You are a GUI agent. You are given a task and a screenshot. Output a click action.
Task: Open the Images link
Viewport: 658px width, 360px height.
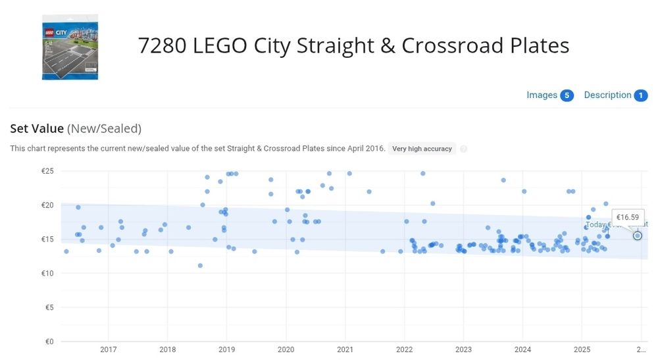tap(542, 95)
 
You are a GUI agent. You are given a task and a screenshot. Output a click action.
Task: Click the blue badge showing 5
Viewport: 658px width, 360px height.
tap(567, 95)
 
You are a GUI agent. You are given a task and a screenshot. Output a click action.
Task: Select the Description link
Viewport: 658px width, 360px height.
tap(607, 95)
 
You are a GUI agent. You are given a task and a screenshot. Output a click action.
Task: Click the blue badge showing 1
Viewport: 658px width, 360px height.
tap(641, 95)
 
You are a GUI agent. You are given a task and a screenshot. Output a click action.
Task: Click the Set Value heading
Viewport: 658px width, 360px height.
tap(37, 129)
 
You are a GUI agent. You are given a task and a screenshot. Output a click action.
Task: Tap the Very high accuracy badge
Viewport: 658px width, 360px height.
tap(422, 149)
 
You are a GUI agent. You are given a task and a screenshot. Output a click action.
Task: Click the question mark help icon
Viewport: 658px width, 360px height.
tap(464, 149)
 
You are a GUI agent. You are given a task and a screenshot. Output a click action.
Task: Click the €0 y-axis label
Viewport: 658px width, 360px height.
tap(49, 342)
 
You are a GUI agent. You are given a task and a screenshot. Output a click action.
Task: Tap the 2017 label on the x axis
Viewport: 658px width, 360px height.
tap(109, 349)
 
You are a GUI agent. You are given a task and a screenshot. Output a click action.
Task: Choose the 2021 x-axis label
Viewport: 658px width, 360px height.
tap(345, 349)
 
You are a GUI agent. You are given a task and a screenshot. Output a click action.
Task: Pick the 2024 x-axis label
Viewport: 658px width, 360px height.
tap(522, 349)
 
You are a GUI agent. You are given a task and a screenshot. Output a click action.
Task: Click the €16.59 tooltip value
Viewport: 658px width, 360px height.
tap(628, 217)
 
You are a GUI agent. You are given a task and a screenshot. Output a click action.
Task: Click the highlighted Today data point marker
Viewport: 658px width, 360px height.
tap(638, 235)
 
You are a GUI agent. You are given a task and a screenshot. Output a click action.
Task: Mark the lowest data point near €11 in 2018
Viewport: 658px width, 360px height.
tap(200, 266)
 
